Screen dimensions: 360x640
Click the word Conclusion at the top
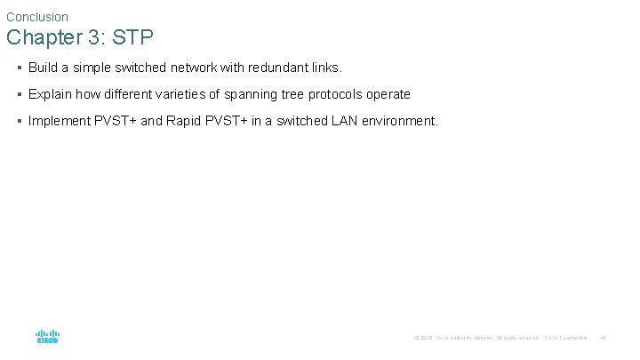click(37, 17)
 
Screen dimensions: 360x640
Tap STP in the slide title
click(133, 38)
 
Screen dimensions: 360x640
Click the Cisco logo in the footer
click(48, 337)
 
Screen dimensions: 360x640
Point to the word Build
click(43, 68)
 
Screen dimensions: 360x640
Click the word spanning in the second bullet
click(248, 94)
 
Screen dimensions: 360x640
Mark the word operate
click(390, 94)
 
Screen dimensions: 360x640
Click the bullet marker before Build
click(19, 68)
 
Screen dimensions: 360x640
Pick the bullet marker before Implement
click(19, 121)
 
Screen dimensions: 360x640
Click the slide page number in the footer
click(604, 338)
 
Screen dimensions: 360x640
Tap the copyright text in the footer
click(476, 338)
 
